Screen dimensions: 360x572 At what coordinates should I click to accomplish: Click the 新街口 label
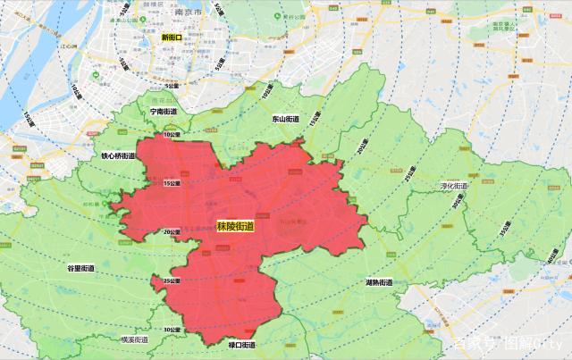tap(171, 38)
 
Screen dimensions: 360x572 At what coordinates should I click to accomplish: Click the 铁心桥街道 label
tap(118, 155)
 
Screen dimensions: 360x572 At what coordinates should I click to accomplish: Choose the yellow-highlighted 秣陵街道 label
tap(235, 228)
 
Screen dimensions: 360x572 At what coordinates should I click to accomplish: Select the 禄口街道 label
tap(242, 345)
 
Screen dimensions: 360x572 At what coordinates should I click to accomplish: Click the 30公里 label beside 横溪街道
tap(172, 331)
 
